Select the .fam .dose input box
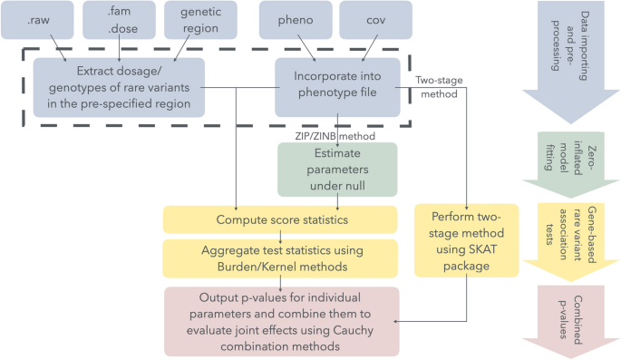[119, 19]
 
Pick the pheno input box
[291, 19]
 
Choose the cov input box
[375, 19]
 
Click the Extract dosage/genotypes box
[118, 88]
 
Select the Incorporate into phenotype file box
[336, 88]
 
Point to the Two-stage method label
[440, 87]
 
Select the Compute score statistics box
[279, 219]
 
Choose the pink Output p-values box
[279, 321]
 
